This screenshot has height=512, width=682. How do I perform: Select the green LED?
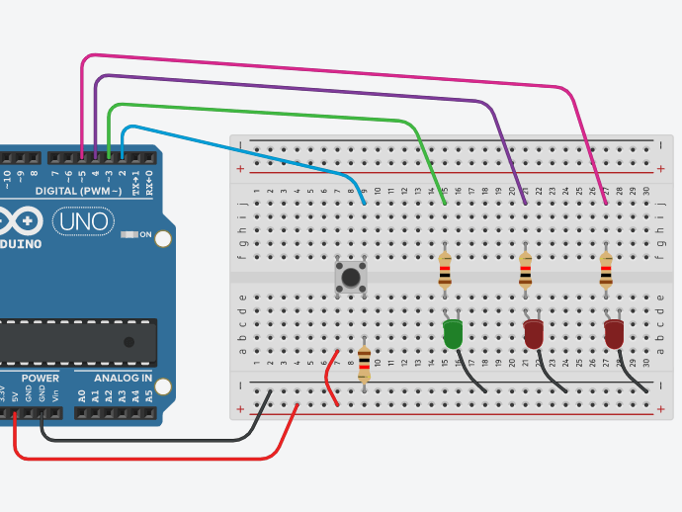(x=453, y=333)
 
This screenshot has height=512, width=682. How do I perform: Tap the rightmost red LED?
(x=614, y=333)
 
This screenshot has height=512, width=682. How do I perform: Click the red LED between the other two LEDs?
(x=534, y=333)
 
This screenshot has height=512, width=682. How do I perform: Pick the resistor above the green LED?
(x=445, y=269)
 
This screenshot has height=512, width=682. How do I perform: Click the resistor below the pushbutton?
(x=364, y=363)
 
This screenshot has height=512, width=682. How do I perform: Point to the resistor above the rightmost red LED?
(x=606, y=269)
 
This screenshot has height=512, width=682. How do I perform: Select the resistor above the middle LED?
(x=525, y=269)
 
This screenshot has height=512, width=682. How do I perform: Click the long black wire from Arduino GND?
(x=148, y=440)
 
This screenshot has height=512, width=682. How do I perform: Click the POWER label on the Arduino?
(x=41, y=378)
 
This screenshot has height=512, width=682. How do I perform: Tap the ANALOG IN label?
(x=123, y=378)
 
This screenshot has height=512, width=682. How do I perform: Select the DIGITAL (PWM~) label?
(x=78, y=190)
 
